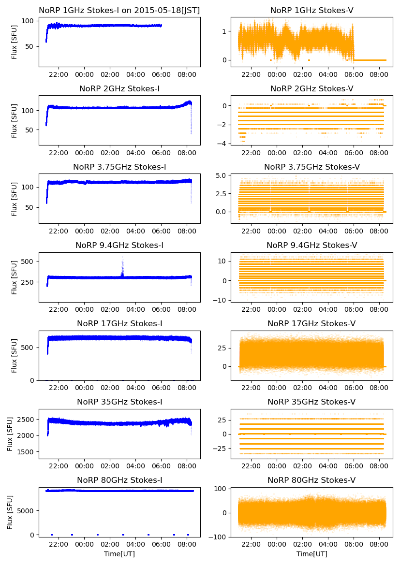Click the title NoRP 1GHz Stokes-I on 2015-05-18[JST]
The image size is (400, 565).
pyautogui.click(x=119, y=10)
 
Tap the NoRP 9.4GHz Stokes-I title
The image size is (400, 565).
pyautogui.click(x=119, y=245)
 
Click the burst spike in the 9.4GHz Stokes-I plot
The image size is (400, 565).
pyautogui.click(x=122, y=263)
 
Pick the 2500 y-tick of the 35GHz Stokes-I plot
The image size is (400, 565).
pyautogui.click(x=25, y=419)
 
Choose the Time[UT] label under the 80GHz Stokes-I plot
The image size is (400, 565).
pyautogui.click(x=119, y=554)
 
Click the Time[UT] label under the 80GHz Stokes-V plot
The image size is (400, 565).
pyautogui.click(x=311, y=554)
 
